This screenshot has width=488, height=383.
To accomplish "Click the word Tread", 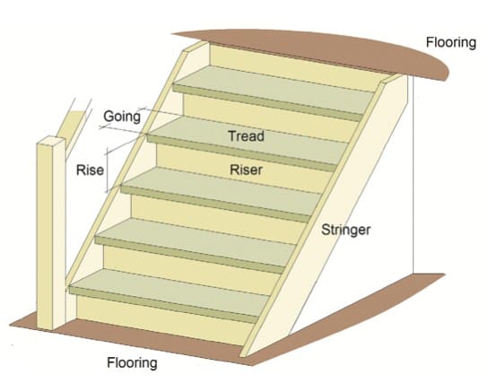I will click(246, 136).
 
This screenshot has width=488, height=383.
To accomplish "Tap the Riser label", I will click(246, 168).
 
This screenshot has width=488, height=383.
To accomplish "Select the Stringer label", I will click(345, 231).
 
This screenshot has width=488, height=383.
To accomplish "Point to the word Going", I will click(121, 116).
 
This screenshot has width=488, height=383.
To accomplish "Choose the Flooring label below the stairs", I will click(132, 363).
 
